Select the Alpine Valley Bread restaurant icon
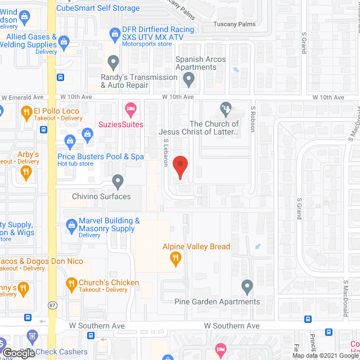(176, 258)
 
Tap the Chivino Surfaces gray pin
(118, 181)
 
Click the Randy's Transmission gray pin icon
(114, 61)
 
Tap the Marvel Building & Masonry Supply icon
(71, 226)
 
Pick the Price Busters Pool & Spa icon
(70, 141)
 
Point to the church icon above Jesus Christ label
(226, 107)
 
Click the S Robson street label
(253, 119)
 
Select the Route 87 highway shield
(52, 321)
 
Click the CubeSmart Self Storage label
(98, 8)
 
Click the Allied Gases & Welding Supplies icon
(64, 41)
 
